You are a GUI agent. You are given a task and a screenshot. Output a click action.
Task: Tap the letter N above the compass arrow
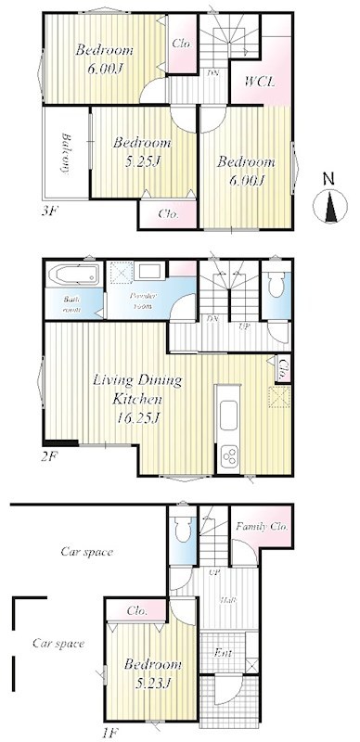click(x=328, y=177)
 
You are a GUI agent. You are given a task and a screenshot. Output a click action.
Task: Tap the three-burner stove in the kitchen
click(x=228, y=455)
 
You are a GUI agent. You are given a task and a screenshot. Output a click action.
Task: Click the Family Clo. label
click(x=262, y=526)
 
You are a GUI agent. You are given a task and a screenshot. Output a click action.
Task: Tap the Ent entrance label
click(x=224, y=653)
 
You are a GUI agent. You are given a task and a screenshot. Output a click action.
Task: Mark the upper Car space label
click(x=86, y=552)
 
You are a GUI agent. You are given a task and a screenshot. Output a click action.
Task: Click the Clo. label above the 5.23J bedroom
click(x=136, y=611)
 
